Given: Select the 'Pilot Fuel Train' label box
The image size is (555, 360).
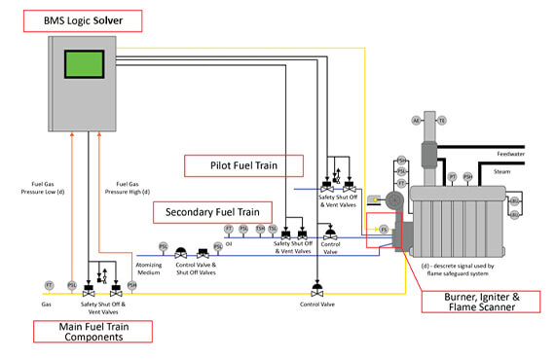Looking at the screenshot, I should (242, 165).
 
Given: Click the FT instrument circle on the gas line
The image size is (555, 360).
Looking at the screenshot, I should (48, 285).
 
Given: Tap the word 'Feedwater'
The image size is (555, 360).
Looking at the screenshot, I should (510, 153).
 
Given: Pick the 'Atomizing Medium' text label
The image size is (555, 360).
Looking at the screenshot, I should (149, 271).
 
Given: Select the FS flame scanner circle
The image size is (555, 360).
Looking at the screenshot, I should (384, 229).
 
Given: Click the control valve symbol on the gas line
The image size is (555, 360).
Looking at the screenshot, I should (316, 289).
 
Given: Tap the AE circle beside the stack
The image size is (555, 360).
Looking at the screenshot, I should (416, 120).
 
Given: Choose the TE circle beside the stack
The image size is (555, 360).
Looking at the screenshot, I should (441, 120).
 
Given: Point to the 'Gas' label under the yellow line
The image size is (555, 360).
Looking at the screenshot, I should (47, 304).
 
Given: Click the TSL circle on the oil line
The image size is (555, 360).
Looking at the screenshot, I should (274, 229).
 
